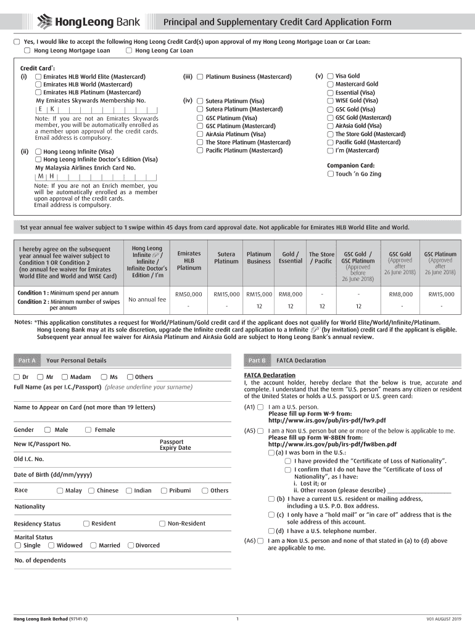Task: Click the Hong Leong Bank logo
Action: click(89, 23)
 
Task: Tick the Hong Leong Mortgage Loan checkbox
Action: click(27, 51)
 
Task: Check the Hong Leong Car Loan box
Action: click(128, 51)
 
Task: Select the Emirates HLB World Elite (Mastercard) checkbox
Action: click(38, 76)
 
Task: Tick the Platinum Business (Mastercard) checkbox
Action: click(200, 76)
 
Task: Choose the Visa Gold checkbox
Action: click(330, 76)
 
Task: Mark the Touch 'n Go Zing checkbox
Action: click(330, 174)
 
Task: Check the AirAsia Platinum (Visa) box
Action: click(200, 134)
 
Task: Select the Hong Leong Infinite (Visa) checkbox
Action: click(38, 151)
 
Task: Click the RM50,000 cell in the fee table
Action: click(189, 294)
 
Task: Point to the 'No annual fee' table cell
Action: click(147, 299)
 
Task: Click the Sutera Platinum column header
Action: click(226, 257)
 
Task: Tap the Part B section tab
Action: click(257, 360)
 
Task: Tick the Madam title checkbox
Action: click(64, 377)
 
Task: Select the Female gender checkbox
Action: click(88, 429)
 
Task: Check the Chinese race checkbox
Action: click(91, 491)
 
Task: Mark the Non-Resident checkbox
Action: click(162, 523)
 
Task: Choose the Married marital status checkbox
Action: click(93, 545)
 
